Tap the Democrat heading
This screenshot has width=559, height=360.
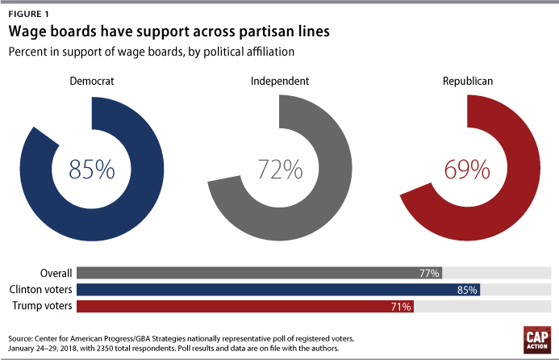coord(91,82)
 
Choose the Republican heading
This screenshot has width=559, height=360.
coord(468,82)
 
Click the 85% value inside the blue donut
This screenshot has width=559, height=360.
coord(91,170)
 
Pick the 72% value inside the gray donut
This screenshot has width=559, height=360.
coord(280,170)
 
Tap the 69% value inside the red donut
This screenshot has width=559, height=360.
coord(468,170)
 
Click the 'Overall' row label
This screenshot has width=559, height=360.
coord(56,273)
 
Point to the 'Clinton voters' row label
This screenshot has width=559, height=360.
coord(41,290)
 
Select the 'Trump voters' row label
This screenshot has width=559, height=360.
coord(45,306)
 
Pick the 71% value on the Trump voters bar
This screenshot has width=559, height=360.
coord(402,307)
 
